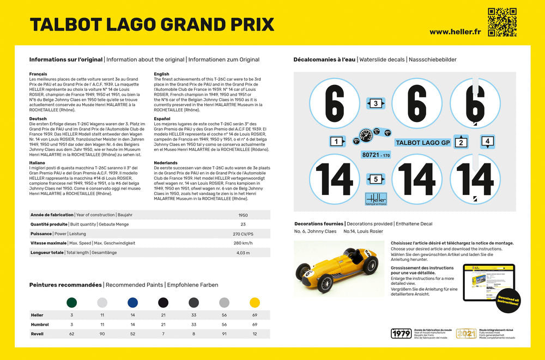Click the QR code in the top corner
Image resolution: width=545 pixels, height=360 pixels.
pos(501,22)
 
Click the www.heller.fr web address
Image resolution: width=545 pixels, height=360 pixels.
pos(456,32)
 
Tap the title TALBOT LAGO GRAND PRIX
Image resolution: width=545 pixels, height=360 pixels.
pos(152,25)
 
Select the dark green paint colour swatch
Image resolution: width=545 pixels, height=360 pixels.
pos(71,302)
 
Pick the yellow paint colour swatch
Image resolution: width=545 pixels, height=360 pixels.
pos(255,302)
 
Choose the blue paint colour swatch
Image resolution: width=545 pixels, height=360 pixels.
pos(132,302)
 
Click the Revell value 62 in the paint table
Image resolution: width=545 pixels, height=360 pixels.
pos(71,333)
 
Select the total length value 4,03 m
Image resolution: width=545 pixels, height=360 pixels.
pos(243,252)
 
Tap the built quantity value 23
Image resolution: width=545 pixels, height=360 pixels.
pos(243,224)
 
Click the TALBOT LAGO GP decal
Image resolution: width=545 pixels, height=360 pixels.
pos(422,143)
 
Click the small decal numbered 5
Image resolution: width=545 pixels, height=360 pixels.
pos(376,179)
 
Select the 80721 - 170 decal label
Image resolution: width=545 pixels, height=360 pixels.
pos(376,155)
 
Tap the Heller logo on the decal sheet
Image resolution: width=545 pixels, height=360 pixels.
pos(376,199)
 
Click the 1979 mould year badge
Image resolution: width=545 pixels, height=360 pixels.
pos(401,333)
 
